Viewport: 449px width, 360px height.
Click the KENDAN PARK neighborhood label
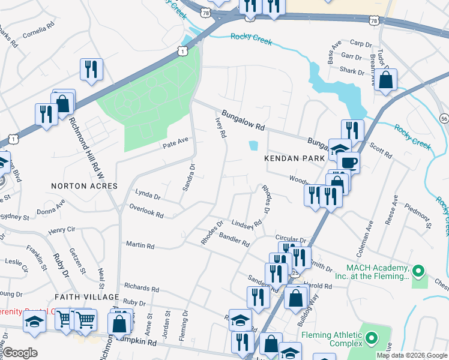293,158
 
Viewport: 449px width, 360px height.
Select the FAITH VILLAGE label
87,297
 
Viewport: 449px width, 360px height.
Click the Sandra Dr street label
187,178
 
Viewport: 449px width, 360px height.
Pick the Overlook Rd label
146,211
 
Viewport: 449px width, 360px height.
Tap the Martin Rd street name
140,245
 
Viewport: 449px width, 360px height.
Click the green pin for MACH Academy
419,271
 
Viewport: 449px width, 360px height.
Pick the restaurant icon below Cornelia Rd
91,68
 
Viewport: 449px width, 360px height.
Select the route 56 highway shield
444,117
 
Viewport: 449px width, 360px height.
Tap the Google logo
20,353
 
